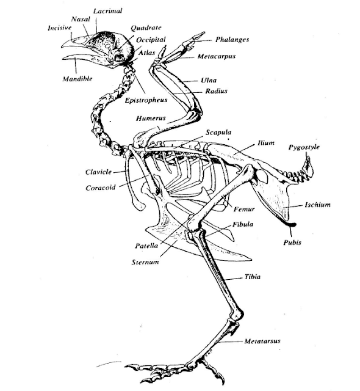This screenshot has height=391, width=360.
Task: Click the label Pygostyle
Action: [304, 147]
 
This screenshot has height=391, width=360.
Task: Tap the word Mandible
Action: [77, 79]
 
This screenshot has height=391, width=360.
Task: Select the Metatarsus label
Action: [262, 341]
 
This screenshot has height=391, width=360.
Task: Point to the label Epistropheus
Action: [146, 100]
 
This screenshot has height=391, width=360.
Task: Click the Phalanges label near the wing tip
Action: [232, 40]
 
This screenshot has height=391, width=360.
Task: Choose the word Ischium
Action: [318, 205]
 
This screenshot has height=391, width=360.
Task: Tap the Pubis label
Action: [292, 243]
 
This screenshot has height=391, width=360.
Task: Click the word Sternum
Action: [145, 262]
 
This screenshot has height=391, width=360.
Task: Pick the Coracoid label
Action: [101, 188]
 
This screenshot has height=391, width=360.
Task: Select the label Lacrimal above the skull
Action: [108, 11]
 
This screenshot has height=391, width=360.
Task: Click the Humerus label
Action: [151, 118]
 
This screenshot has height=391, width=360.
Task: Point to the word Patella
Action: [146, 246]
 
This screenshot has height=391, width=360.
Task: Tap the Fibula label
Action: [243, 224]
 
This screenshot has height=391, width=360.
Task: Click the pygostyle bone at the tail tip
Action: [308, 166]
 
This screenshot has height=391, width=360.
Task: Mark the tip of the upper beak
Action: [62, 46]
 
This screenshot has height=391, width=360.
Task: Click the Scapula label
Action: [218, 133]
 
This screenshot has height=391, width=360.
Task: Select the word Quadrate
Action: [146, 27]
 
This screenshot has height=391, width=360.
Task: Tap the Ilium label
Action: [266, 143]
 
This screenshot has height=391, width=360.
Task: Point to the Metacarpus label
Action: [217, 56]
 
